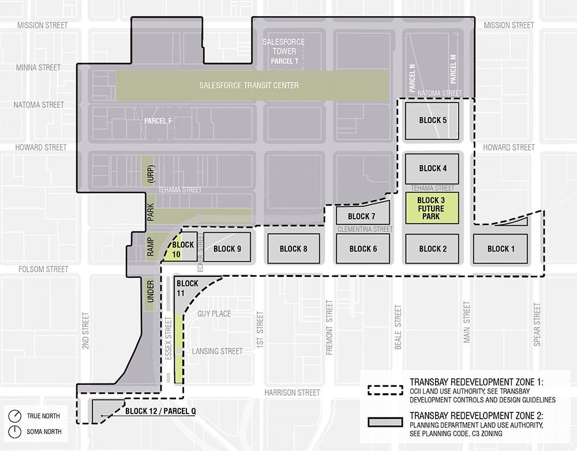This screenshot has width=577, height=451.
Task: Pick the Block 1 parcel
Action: tap(499, 249)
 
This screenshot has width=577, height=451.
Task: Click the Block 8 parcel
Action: tap(293, 249)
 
